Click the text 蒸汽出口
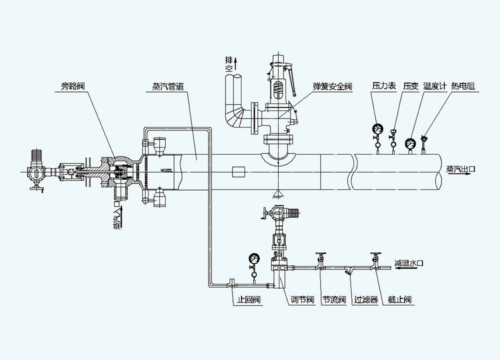click(460, 169)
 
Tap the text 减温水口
click(408, 263)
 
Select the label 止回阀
click(248, 300)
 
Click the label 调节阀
click(302, 300)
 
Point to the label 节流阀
click(334, 300)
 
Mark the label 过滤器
click(366, 300)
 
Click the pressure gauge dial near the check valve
click(253, 259)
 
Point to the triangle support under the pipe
click(276, 193)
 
